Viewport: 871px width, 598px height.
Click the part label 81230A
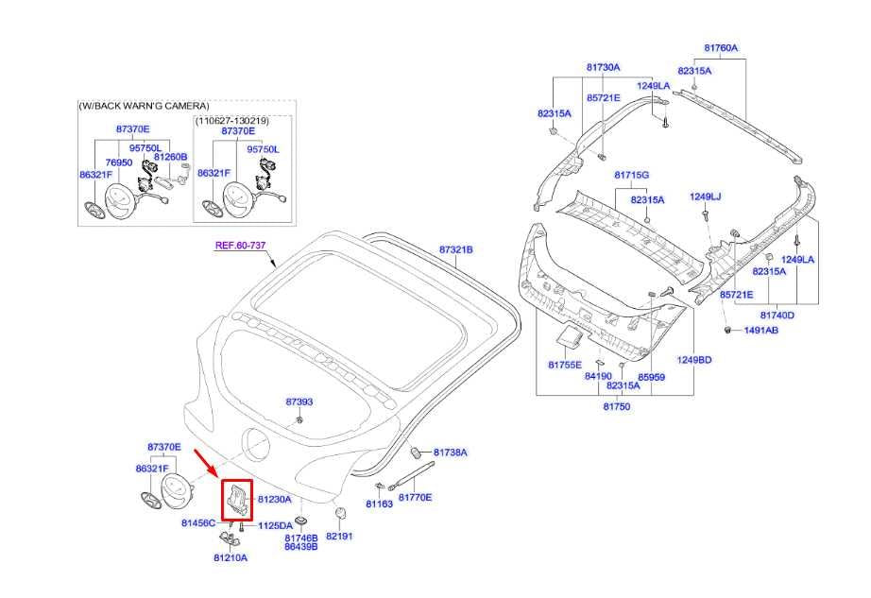tap(274, 499)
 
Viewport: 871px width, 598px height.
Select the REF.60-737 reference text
tap(240, 245)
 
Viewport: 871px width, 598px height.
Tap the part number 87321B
tap(455, 249)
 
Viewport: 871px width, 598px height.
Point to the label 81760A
tap(721, 47)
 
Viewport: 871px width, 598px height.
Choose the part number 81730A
tap(603, 67)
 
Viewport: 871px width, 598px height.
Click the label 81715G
tap(631, 176)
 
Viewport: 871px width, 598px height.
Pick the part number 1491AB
tap(760, 331)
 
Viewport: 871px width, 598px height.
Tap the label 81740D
tap(777, 315)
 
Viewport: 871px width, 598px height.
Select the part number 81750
tap(617, 406)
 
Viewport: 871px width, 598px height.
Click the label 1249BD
tap(693, 360)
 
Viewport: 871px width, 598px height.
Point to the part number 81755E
tap(565, 364)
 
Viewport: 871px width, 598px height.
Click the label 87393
tap(299, 402)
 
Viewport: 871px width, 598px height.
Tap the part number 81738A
tap(451, 453)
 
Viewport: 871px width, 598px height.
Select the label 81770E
tap(415, 497)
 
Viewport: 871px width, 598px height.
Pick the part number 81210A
tap(230, 557)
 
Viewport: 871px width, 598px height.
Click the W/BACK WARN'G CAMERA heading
tap(144, 106)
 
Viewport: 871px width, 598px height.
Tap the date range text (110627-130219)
tap(232, 121)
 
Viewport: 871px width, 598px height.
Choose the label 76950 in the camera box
tap(104, 162)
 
